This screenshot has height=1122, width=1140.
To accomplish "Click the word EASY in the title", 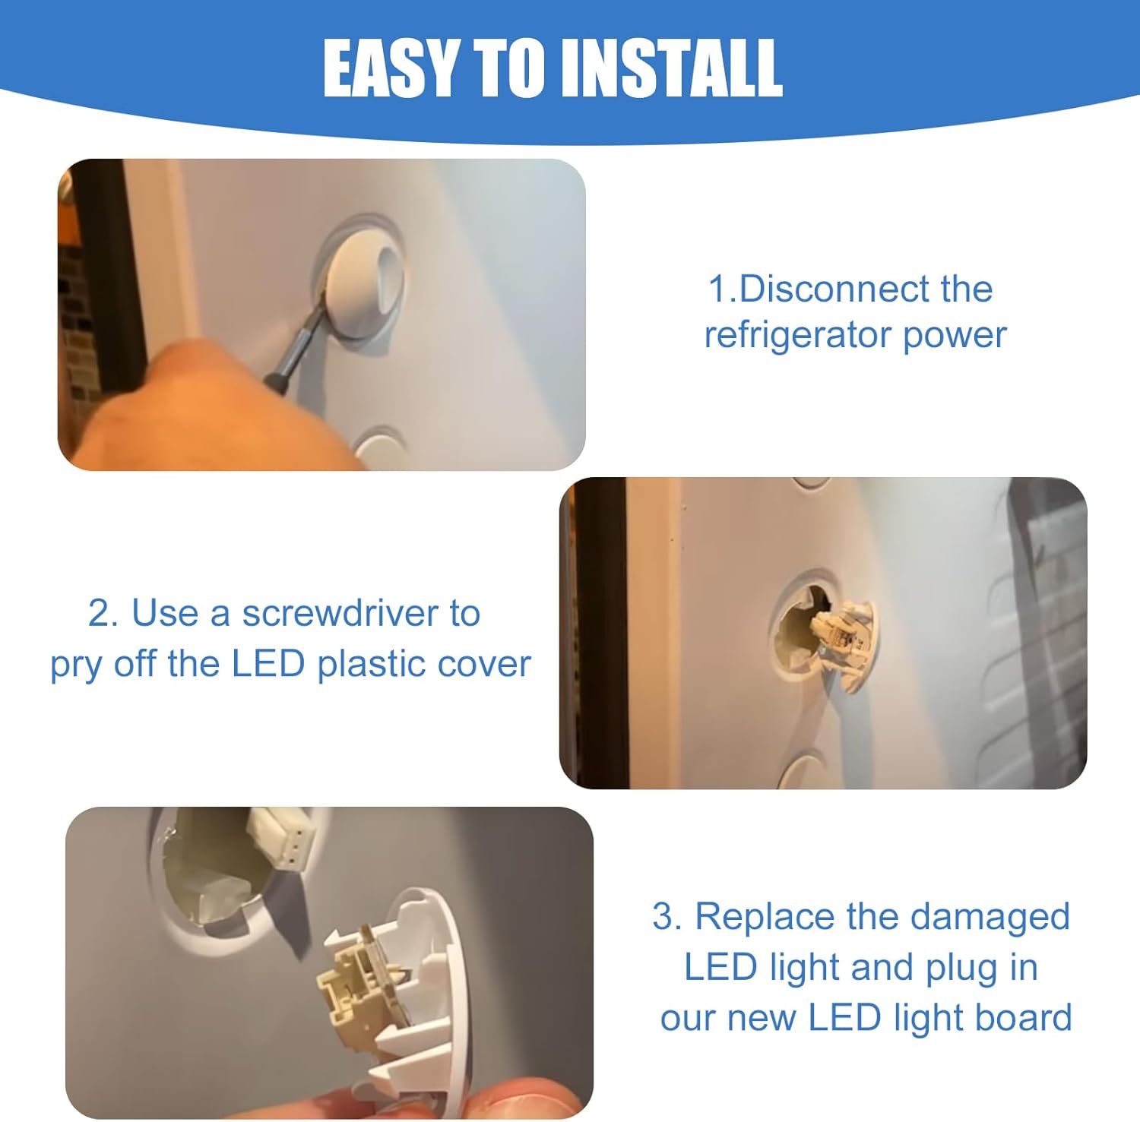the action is click(x=391, y=68).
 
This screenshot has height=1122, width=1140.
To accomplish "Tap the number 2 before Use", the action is click(x=103, y=614).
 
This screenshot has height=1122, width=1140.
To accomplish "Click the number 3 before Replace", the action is click(x=667, y=918).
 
